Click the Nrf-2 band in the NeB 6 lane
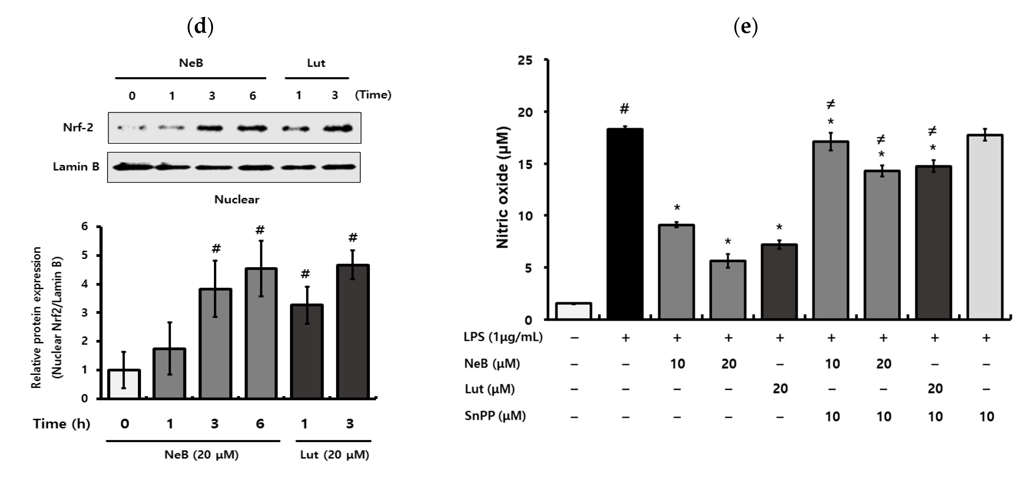(252, 128)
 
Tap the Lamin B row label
(76, 167)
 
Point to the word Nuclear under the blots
(237, 200)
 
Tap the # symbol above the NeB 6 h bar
(260, 230)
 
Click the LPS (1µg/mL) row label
(503, 337)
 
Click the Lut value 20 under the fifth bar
(780, 389)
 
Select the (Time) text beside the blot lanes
(373, 95)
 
